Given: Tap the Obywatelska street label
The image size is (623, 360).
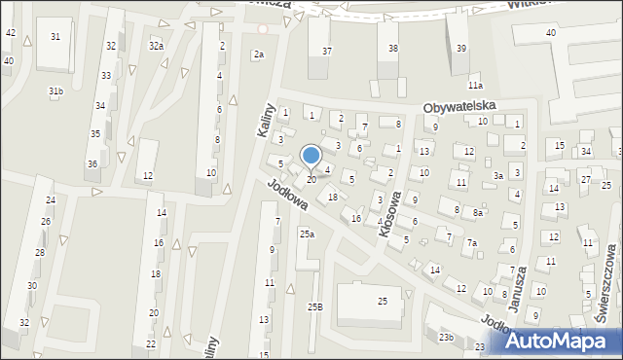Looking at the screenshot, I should tap(459, 105).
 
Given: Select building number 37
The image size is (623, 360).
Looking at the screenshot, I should tap(327, 51).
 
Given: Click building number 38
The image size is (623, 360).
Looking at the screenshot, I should tap(393, 49).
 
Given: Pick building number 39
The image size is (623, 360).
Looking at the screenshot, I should tap(461, 49).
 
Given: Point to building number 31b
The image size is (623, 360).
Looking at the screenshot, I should tap(56, 91).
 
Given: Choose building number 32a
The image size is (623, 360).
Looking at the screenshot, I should tap(156, 46).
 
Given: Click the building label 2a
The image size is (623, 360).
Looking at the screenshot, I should tap(258, 54).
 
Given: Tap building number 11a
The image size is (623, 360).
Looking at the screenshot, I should tap(474, 87).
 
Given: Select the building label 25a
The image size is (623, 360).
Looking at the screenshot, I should tap(307, 234).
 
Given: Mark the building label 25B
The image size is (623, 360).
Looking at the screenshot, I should tap(314, 307).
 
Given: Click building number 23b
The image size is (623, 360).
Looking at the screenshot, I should tap(446, 337).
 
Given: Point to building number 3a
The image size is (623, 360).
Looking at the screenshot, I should tap(497, 176).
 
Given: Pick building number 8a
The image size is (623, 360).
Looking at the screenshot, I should tap(477, 212).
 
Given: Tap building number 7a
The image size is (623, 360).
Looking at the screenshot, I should tap(471, 243).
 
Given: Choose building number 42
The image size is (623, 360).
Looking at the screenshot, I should tap(11, 33).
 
